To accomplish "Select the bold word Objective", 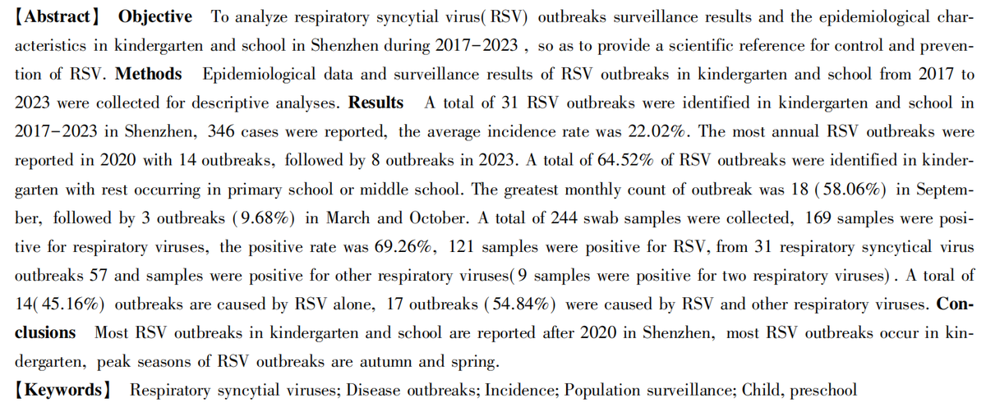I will point(155,16).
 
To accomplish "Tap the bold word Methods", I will point(149,74).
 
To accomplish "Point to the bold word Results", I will point(376,103).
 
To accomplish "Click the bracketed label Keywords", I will point(63,389).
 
